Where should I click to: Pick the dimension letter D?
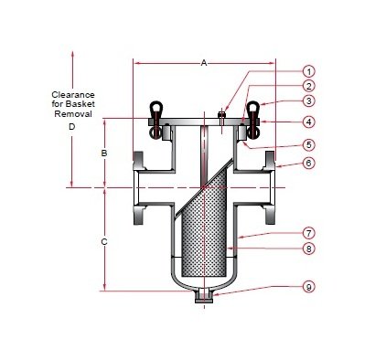point(71,127)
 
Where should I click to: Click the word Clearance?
point(71,94)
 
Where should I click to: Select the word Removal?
point(71,115)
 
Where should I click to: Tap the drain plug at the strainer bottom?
point(204,297)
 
